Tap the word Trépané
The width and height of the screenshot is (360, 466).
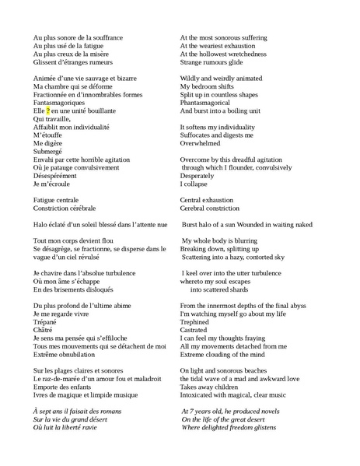coord(44,321)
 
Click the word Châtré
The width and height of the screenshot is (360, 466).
coord(43,330)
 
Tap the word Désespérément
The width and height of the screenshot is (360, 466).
coord(55,176)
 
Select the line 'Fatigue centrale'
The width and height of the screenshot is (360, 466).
coord(56,200)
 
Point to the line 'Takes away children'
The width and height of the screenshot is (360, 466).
coord(208,386)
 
